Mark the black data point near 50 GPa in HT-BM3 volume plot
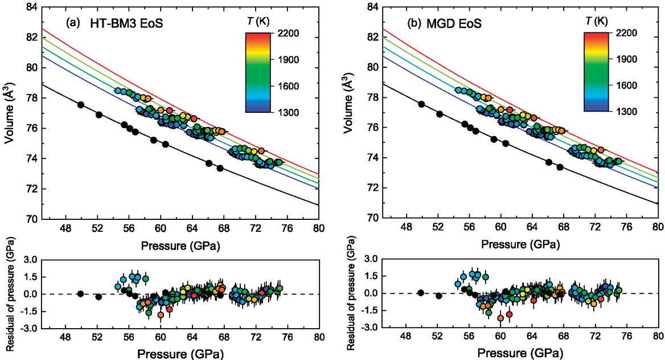tap(81, 105)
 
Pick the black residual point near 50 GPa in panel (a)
tap(81, 294)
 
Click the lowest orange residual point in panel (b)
tap(500, 318)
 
